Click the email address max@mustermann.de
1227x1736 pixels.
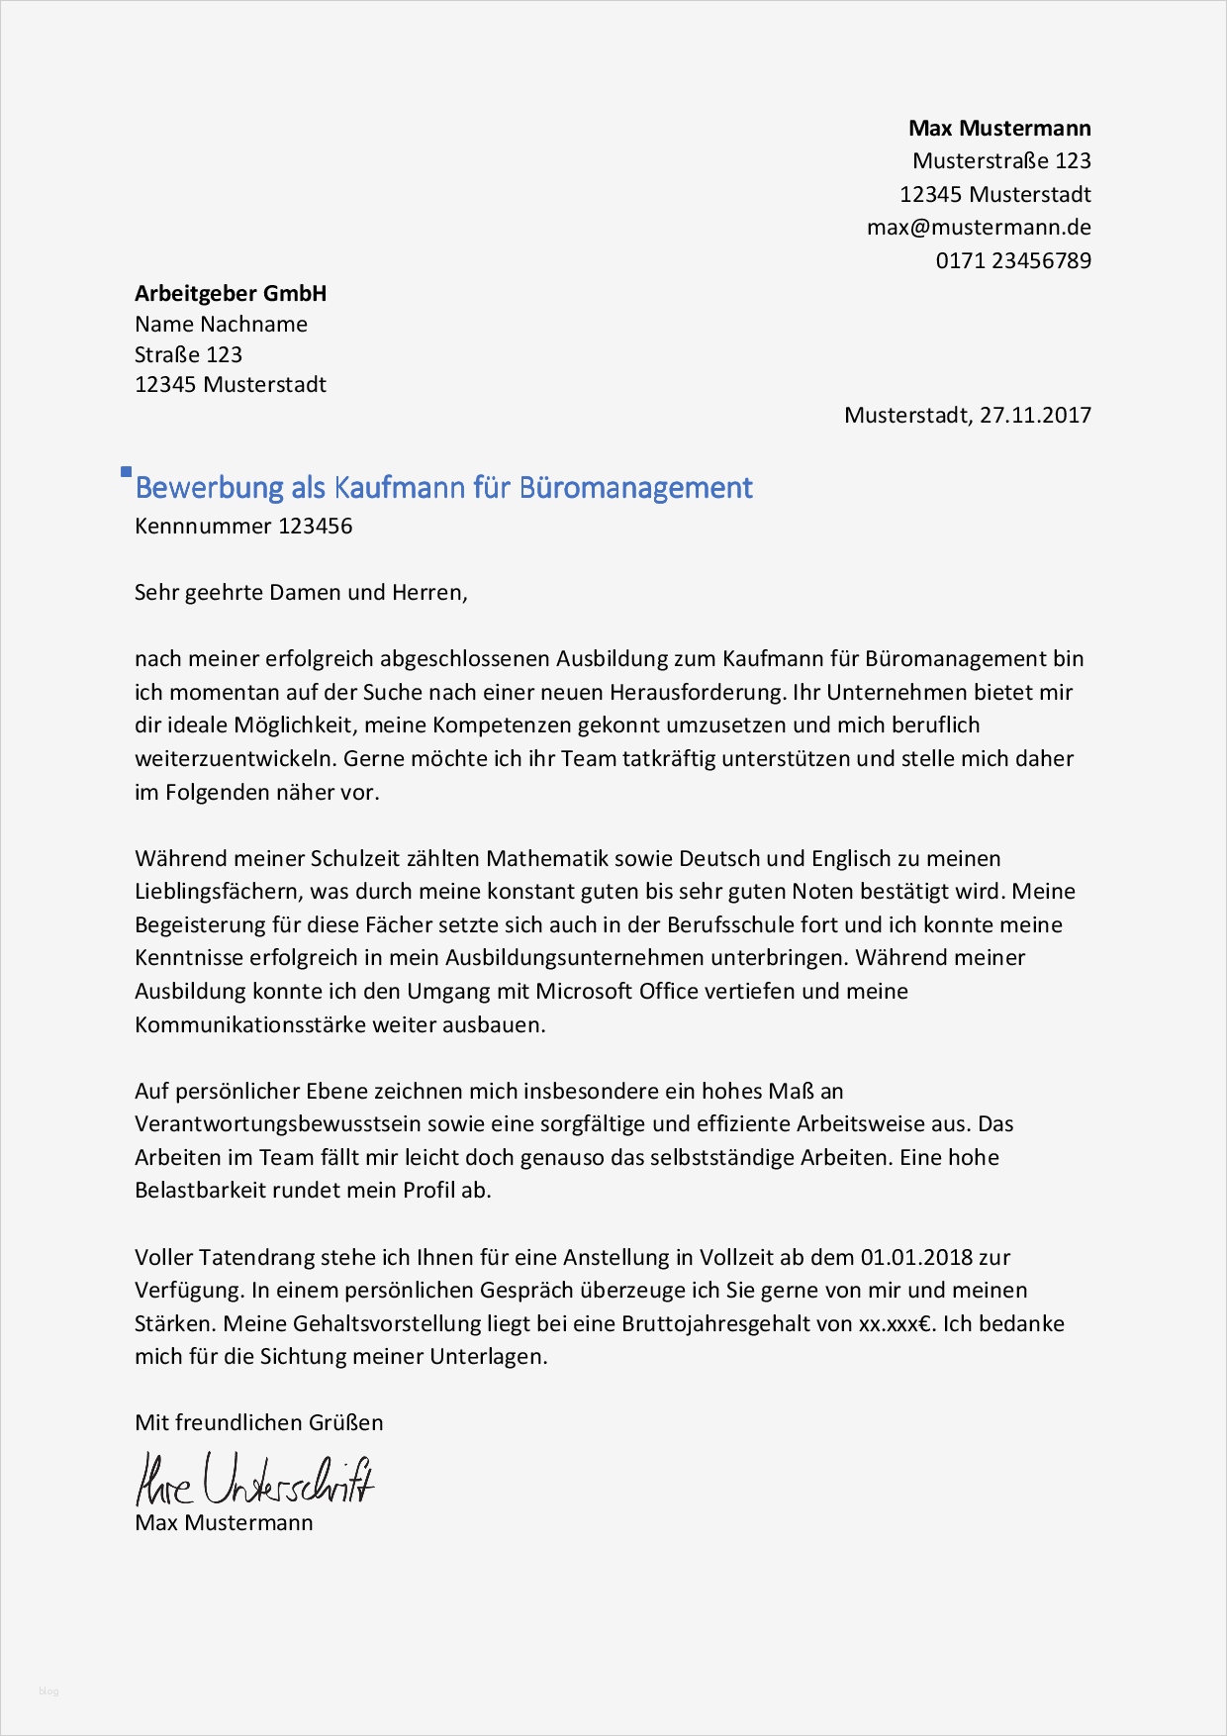click(979, 228)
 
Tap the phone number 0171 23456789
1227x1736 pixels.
click(1013, 261)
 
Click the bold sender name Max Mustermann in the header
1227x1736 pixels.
click(999, 129)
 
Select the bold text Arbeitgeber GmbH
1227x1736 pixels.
click(231, 294)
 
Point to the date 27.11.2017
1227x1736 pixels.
click(1035, 416)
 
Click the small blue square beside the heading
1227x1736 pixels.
click(126, 472)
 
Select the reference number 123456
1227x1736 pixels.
click(315, 527)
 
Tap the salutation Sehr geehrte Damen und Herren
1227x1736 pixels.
click(300, 593)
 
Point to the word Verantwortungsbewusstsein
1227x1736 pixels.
click(278, 1124)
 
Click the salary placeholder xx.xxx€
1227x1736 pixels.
click(896, 1324)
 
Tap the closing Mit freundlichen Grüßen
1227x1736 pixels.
click(258, 1423)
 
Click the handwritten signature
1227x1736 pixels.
click(254, 1481)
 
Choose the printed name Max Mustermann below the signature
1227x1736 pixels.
click(224, 1523)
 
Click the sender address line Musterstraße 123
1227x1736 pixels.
click(1001, 161)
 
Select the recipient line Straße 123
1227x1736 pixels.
click(188, 355)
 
